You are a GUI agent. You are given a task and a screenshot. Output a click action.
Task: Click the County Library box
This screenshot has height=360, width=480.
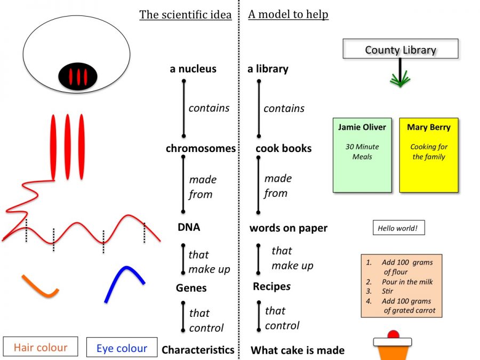pos(400,50)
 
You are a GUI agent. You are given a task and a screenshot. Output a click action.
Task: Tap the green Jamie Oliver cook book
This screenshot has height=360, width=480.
pos(362,155)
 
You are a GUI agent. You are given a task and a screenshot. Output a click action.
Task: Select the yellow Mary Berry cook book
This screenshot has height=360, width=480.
pos(429,155)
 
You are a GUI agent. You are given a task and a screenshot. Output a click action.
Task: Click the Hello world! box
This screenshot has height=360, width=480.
pos(398,228)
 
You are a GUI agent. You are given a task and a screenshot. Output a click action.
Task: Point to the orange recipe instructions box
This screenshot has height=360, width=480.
pos(401,286)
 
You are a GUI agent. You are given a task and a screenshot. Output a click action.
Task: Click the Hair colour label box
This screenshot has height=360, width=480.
pos(41,348)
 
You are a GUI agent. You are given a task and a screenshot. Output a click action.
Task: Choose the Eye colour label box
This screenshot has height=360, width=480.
pos(122,348)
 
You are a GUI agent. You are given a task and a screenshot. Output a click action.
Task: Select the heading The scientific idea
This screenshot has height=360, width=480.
pos(185,14)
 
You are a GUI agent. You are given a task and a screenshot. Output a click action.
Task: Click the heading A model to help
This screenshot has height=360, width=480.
pos(288,14)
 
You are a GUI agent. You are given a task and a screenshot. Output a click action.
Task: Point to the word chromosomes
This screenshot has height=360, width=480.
pos(201,148)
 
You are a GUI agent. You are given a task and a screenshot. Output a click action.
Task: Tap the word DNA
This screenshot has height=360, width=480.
pos(189,227)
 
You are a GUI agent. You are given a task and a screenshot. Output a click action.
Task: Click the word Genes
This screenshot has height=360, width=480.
pos(191,288)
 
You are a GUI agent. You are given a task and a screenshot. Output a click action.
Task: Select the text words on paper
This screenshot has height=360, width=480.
pos(288,228)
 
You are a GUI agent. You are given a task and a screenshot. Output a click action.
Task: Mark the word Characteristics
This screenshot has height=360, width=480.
pos(198,350)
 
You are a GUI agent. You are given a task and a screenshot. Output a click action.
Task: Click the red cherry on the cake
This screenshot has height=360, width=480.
pos(393,335)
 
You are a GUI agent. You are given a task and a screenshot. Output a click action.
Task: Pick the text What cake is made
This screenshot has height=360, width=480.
pos(297,350)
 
